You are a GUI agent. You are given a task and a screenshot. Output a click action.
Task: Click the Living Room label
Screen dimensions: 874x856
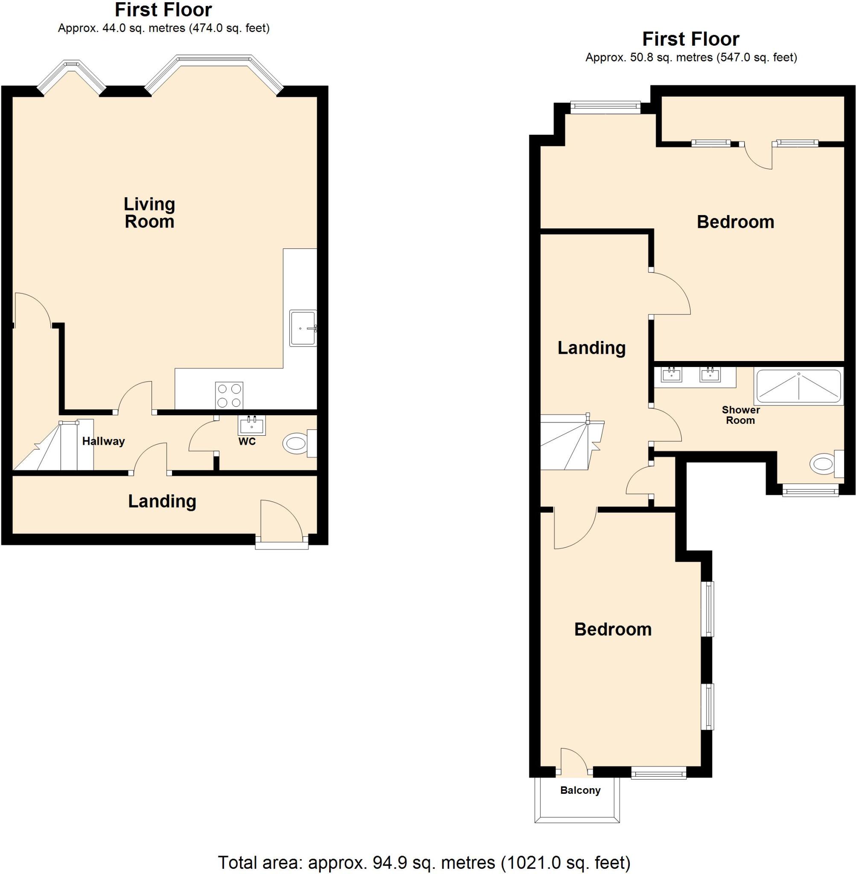(x=149, y=213)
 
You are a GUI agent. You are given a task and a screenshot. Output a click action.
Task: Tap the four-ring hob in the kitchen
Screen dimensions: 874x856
(x=229, y=396)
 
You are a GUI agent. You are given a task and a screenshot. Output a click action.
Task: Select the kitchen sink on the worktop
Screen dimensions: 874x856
(x=302, y=328)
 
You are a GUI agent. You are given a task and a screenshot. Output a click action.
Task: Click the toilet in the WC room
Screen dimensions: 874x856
(x=297, y=443)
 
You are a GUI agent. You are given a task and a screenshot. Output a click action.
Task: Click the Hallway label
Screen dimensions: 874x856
(x=103, y=441)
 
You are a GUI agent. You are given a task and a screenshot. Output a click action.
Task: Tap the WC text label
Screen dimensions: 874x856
(x=247, y=441)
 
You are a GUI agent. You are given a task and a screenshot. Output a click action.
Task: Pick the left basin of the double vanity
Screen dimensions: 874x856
(x=671, y=374)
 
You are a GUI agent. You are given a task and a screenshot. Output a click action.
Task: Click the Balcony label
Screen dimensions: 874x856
(x=580, y=790)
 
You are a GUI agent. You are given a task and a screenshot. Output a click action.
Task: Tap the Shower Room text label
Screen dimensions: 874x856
(x=740, y=415)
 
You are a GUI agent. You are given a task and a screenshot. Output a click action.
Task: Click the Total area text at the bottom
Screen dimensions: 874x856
(x=424, y=862)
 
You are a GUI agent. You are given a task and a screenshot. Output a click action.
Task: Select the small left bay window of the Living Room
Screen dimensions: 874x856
(x=71, y=74)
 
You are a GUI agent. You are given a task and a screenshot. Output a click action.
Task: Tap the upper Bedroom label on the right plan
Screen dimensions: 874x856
(x=735, y=222)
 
